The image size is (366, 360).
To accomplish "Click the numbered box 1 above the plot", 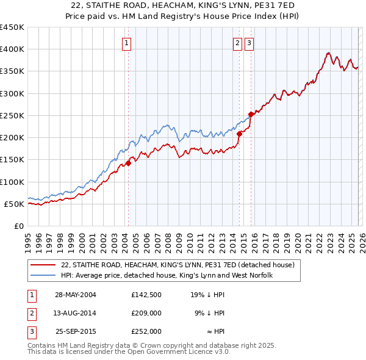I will (x=126, y=43).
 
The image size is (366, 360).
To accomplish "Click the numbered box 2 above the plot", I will (x=237, y=43).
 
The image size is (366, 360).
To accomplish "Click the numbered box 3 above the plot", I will (x=249, y=43).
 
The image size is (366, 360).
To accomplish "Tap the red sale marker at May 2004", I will (x=128, y=163).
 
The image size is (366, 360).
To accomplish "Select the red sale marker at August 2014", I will (x=239, y=134).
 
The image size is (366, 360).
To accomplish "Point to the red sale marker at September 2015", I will (x=251, y=115).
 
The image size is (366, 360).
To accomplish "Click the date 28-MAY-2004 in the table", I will (x=75, y=294).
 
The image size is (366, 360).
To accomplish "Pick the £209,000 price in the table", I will (x=146, y=313).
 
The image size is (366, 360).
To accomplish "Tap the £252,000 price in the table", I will (x=146, y=331).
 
